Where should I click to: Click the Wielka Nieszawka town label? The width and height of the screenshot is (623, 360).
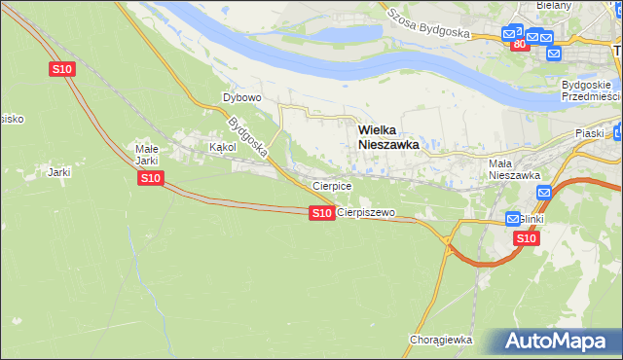[x=388, y=135]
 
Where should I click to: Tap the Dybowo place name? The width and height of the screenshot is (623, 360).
[x=242, y=97]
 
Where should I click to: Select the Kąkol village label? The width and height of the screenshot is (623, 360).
[x=223, y=147]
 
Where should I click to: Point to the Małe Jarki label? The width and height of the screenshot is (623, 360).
[x=146, y=155]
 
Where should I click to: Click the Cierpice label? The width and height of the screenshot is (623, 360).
[x=331, y=185]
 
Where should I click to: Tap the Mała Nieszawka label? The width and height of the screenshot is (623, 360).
[x=514, y=169]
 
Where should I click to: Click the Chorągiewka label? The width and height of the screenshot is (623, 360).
[x=441, y=340]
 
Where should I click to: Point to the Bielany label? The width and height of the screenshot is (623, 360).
[x=554, y=5]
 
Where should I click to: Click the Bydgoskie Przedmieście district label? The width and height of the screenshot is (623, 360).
[x=591, y=90]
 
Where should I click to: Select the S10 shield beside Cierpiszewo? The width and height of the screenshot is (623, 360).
[x=322, y=212]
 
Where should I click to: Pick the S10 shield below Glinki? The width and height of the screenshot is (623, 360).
[x=526, y=238]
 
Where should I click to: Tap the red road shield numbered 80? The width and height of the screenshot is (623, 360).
[x=519, y=45]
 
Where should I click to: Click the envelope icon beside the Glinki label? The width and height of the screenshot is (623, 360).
[x=514, y=220]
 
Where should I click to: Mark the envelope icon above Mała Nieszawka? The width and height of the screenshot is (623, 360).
[x=544, y=193]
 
